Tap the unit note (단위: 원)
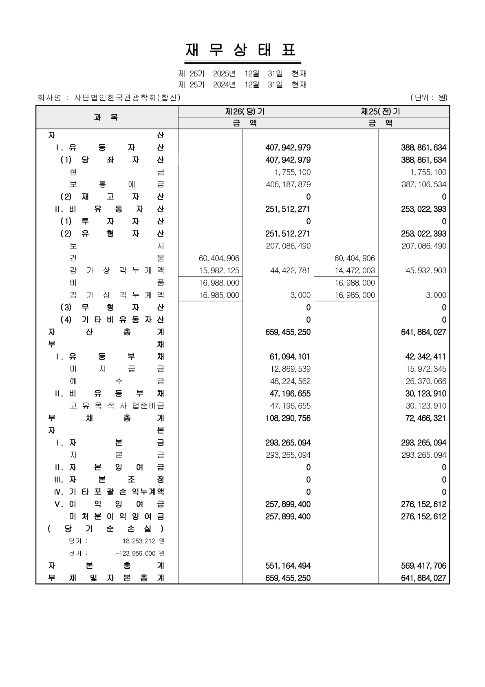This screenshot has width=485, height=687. [429, 98]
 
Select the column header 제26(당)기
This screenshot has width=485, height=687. [246, 111]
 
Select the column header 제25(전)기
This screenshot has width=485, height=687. [381, 111]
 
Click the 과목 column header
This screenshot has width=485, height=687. [106, 117]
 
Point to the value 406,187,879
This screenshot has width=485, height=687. [288, 184]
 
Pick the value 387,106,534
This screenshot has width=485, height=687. [424, 184]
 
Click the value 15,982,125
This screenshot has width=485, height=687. [219, 270]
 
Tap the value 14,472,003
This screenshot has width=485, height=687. [355, 270]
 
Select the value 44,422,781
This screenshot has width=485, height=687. [290, 270]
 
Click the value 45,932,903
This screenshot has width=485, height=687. [426, 270]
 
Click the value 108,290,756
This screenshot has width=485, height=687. [288, 418]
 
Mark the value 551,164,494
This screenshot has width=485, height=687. [288, 566]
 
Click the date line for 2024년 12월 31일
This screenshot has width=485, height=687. [242, 84]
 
